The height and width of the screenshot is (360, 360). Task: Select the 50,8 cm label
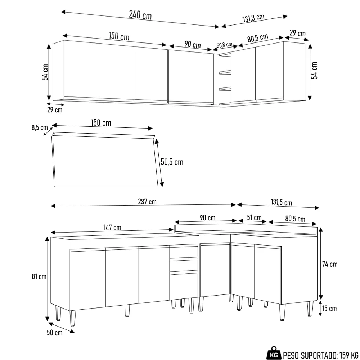click(x=225, y=45)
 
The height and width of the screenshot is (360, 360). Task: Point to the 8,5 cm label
click(x=40, y=127)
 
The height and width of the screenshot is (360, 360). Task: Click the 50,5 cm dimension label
click(x=172, y=162)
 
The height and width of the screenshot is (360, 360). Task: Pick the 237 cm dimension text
click(x=147, y=202)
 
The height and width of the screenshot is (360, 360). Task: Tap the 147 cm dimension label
click(x=112, y=228)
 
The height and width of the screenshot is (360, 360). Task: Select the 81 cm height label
click(x=38, y=276)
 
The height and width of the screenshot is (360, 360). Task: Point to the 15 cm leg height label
click(x=329, y=308)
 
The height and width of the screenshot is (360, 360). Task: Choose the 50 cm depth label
click(x=54, y=332)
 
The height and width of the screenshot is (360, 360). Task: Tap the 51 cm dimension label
click(x=254, y=217)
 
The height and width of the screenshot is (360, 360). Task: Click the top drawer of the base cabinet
click(x=184, y=252)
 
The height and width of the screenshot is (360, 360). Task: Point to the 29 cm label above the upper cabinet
click(x=297, y=33)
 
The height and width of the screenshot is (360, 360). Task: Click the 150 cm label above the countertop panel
click(x=100, y=123)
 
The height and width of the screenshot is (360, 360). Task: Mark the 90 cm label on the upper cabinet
click(x=193, y=45)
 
